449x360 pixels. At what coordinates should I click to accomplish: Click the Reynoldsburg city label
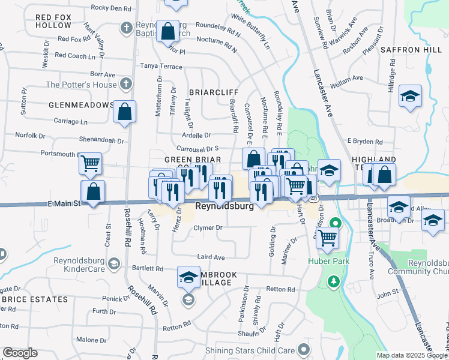coord(224,206)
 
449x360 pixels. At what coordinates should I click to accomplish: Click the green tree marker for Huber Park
coord(333,281)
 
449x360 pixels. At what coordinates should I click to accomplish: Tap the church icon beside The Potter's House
coord(125,84)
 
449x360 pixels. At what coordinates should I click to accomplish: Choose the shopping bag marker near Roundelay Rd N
coord(169,31)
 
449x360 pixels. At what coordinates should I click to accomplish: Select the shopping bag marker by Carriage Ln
coord(124,112)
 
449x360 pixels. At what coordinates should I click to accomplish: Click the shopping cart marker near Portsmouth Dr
coord(90,163)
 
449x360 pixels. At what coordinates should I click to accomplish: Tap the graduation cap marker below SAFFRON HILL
coord(410,96)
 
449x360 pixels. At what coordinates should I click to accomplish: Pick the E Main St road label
coord(64,204)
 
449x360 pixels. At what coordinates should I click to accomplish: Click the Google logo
coord(20,353)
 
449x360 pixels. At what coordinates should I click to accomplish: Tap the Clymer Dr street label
coord(208,228)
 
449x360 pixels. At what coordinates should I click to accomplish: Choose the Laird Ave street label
coord(211,257)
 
